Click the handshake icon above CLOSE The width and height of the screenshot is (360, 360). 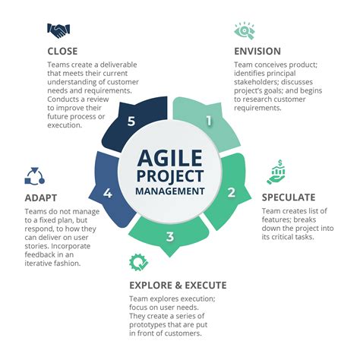tap(60, 31)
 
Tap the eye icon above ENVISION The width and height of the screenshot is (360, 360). tap(245, 30)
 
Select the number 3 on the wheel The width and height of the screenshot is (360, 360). tap(169, 237)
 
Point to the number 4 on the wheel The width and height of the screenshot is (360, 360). tap(109, 193)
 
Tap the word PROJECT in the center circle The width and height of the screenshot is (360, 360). tap(171, 175)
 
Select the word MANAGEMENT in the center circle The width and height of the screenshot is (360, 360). tap(171, 191)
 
